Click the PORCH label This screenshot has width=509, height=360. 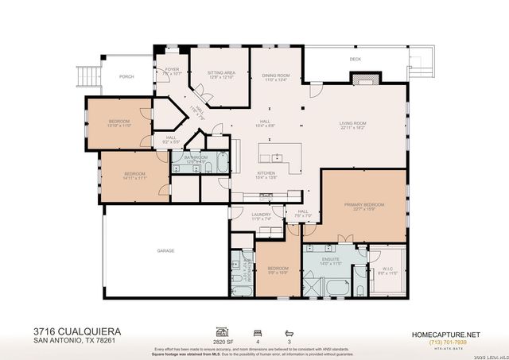[x=126, y=77]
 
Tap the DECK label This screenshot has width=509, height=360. [x=355, y=59]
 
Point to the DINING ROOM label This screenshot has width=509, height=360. [x=276, y=75]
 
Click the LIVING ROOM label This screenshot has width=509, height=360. [x=352, y=123]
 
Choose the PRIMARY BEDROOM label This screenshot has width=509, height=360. [x=363, y=205]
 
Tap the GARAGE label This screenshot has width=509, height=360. [x=165, y=250]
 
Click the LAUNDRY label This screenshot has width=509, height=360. [x=261, y=215]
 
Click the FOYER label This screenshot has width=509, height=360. [x=172, y=70]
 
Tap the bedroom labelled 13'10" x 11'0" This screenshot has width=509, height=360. [x=119, y=122]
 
